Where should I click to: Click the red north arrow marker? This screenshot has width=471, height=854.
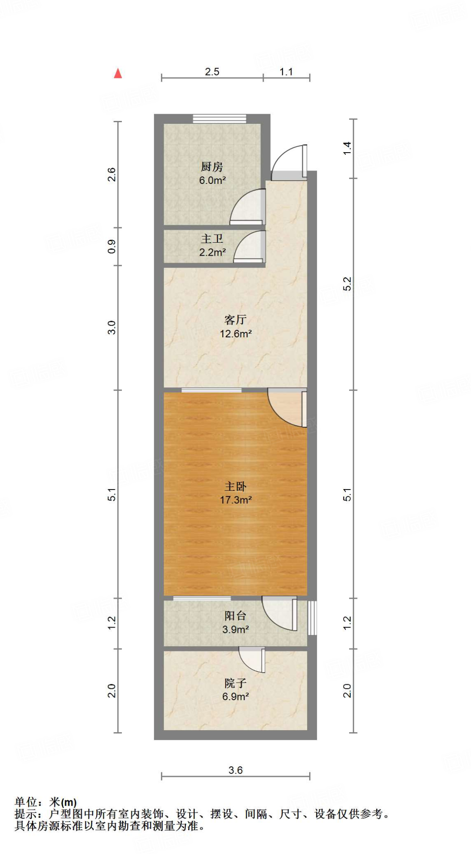click(118, 73)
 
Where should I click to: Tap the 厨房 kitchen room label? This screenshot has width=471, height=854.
click(212, 167)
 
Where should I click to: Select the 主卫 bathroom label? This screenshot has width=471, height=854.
click(212, 239)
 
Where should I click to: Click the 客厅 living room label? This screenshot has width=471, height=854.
click(235, 320)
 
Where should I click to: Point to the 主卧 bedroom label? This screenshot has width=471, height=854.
click(235, 486)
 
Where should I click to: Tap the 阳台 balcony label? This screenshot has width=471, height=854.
click(235, 615)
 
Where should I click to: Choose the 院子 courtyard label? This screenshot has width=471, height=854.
click(235, 683)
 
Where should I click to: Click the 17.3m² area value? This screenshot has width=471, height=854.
click(236, 500)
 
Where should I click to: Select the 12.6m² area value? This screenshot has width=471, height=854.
click(236, 334)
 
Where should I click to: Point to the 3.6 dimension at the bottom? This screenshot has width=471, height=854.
click(235, 770)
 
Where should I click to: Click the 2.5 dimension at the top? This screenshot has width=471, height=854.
click(212, 72)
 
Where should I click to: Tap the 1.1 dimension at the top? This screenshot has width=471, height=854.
click(286, 72)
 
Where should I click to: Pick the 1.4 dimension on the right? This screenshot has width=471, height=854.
click(347, 148)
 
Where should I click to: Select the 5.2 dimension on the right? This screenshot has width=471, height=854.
click(347, 284)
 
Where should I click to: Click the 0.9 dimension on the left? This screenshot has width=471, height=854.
click(111, 246)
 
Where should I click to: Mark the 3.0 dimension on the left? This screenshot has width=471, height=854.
click(111, 327)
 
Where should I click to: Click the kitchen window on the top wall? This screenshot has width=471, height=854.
click(219, 118)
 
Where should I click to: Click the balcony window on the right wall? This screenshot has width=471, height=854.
click(312, 618)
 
